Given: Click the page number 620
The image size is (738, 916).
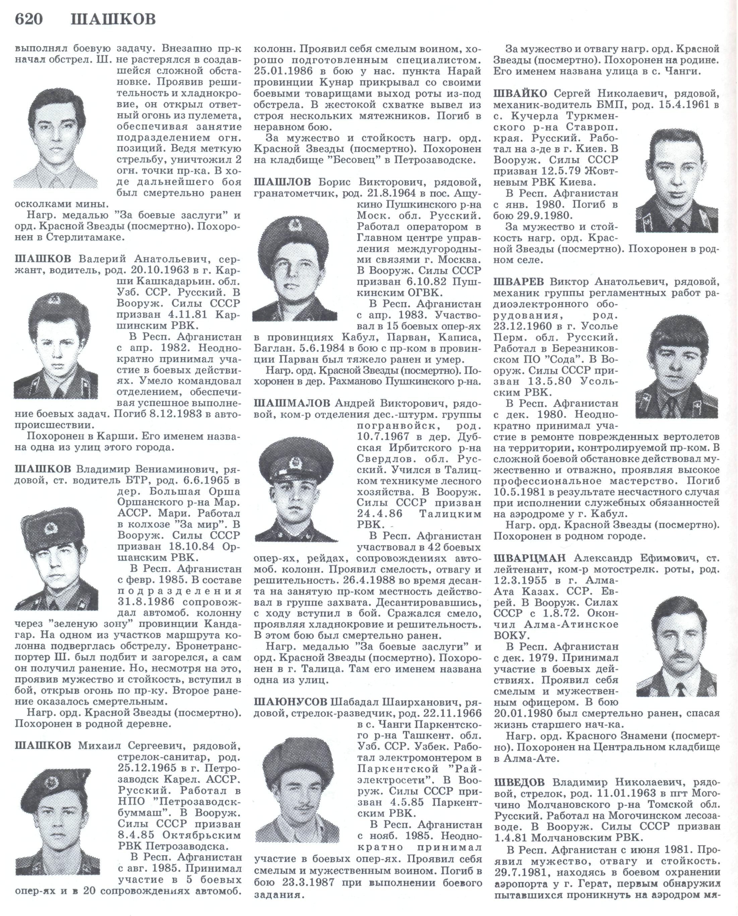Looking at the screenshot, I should [29, 19].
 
